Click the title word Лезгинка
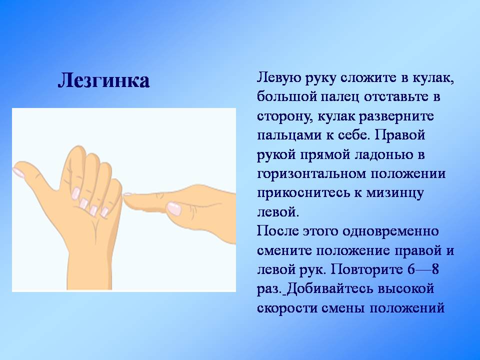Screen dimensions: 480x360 (x=103, y=80)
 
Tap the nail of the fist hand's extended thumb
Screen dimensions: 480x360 (x=19, y=172)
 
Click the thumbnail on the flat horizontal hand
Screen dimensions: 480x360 (x=174, y=208)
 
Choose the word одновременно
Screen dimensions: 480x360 (x=390, y=231)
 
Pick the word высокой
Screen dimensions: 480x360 (x=406, y=289)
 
